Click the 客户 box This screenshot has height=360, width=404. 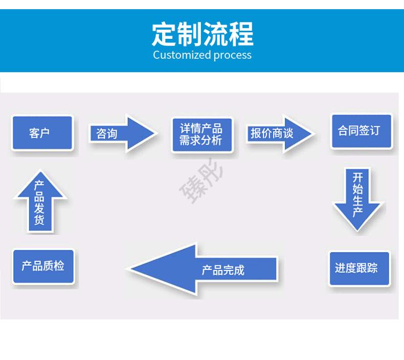[42, 133]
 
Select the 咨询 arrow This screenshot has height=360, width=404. [120, 134]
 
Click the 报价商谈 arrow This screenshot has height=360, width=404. [279, 134]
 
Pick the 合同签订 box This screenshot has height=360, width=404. [362, 131]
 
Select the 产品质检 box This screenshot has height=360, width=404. [43, 266]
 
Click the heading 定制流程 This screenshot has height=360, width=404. [203, 34]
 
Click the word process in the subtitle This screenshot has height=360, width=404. [233, 55]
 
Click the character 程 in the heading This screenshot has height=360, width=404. [241, 34]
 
